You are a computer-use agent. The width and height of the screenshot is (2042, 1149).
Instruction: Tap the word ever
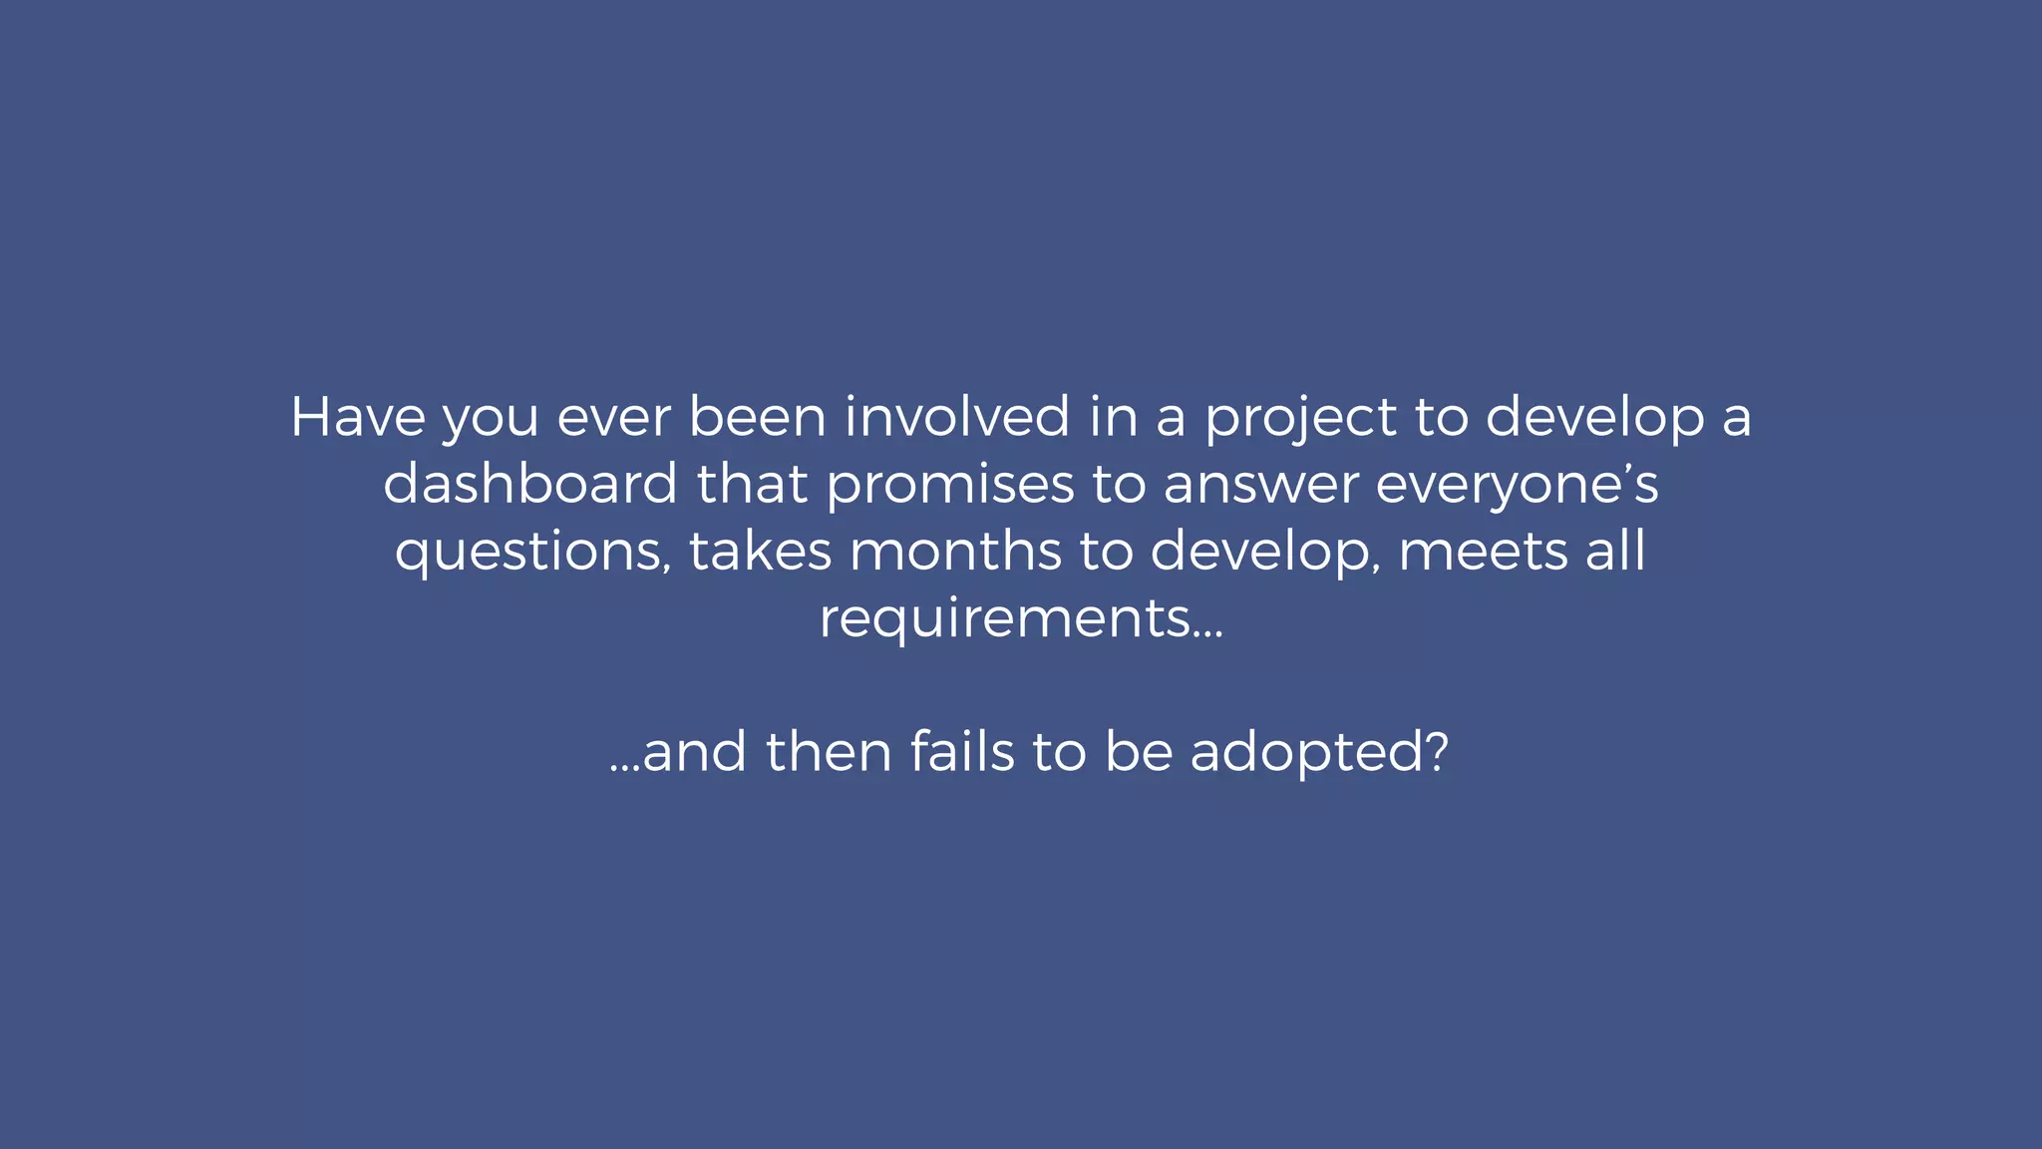(613, 417)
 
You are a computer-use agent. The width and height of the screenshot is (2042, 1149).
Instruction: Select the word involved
(957, 417)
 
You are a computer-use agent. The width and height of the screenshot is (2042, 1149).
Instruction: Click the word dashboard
(530, 484)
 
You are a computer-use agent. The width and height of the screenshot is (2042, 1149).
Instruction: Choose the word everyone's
(1518, 486)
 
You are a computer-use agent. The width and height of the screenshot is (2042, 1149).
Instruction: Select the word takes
(760, 551)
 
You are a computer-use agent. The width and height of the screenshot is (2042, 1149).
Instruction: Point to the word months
(955, 551)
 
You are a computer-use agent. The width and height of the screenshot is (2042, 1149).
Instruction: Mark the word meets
(1483, 551)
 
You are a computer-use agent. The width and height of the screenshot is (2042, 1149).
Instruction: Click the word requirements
(1005, 618)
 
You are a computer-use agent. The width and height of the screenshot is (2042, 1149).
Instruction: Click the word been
(758, 417)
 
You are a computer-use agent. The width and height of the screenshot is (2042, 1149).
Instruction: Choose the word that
(752, 484)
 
